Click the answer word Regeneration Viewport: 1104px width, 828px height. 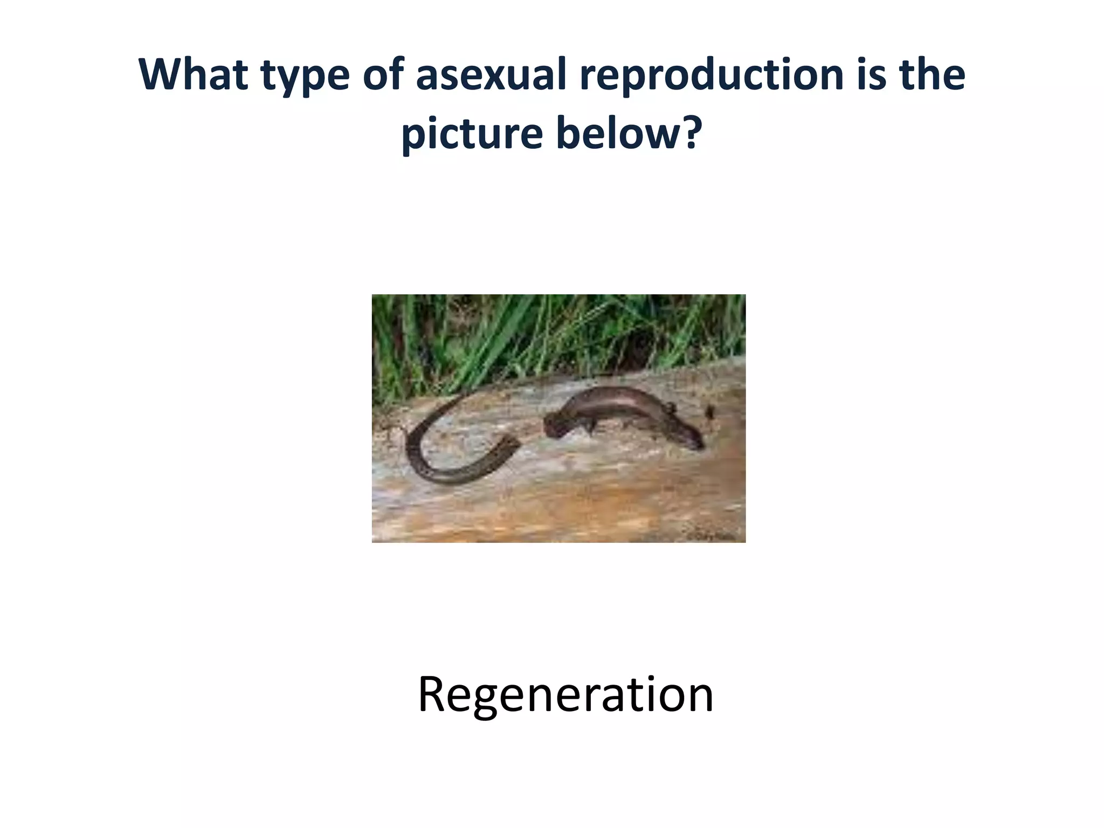pyautogui.click(x=565, y=695)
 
